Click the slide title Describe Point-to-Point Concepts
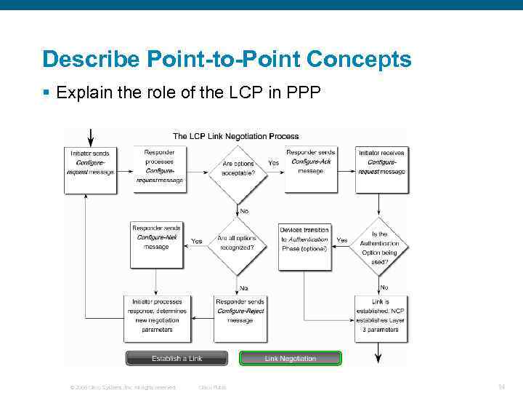click(x=226, y=59)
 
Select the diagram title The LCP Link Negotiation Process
click(x=235, y=136)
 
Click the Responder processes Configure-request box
click(x=160, y=166)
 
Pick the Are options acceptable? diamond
click(x=235, y=169)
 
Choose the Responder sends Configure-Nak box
click(x=156, y=238)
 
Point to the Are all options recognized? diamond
click(x=236, y=243)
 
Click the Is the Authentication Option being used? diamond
click(x=380, y=244)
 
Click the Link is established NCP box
click(x=381, y=315)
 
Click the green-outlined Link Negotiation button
click(x=291, y=358)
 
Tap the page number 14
click(x=501, y=387)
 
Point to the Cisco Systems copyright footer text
click(x=122, y=387)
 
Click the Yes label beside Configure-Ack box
click(x=274, y=163)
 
